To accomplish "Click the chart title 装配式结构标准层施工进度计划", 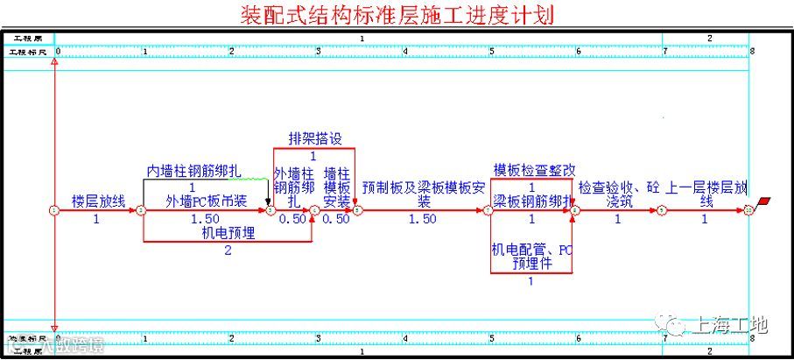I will (397, 15).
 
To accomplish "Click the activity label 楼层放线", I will (98, 201).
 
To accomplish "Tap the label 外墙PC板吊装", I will (207, 201).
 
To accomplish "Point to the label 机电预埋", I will (228, 232).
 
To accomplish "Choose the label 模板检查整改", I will (534, 170).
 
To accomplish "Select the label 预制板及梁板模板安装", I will (423, 194).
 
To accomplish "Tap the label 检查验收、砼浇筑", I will (618, 194).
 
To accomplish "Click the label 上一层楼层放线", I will (706, 194).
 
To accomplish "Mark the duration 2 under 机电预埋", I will (228, 251).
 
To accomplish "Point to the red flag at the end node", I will (766, 202).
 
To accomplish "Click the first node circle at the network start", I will (54, 211).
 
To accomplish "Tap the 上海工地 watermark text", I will (729, 325).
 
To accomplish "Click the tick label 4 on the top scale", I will (405, 52).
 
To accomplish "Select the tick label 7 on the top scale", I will (665, 52).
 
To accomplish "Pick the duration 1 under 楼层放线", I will (96, 219).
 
